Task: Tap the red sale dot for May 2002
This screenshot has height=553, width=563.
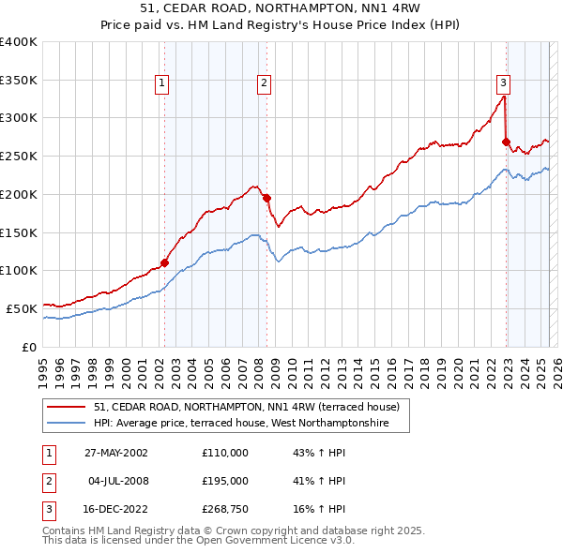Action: point(164,262)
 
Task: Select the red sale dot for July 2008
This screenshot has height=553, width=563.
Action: point(266,198)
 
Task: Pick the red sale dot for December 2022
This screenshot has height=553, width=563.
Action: point(506,142)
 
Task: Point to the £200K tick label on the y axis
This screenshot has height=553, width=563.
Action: point(19,194)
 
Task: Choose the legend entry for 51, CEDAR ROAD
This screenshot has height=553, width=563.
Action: point(247,407)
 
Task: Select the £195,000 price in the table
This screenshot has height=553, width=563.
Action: point(225,481)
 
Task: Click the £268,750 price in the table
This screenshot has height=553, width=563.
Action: point(225,510)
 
